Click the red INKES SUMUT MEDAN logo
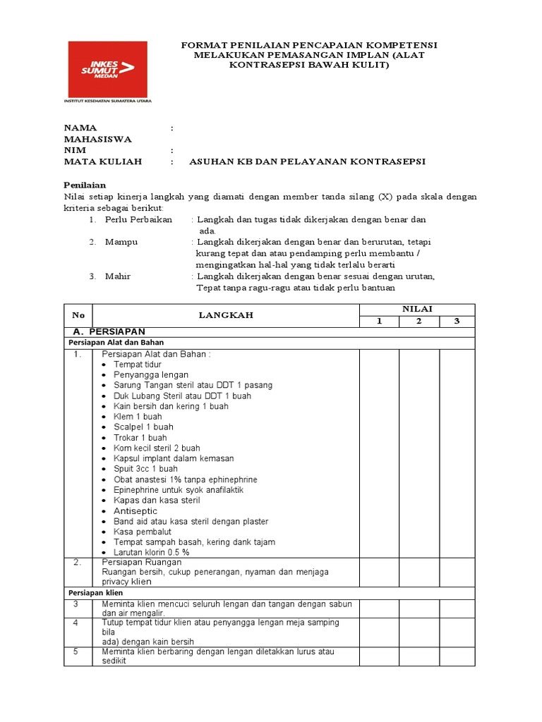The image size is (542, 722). [x=107, y=69]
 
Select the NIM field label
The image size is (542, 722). [x=75, y=150]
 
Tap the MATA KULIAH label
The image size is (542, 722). [x=103, y=161]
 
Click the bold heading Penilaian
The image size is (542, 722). [x=85, y=184]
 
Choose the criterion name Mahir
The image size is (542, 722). [x=118, y=276]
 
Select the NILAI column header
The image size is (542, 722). [x=417, y=309]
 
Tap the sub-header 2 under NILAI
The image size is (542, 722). [x=418, y=322]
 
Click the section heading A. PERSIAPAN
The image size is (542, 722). [x=109, y=331]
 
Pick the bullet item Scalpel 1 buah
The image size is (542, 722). [x=143, y=427]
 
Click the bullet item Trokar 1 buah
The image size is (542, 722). [x=140, y=437]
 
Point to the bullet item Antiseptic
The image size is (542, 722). [x=135, y=510]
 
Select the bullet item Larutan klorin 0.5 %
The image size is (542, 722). [x=151, y=552]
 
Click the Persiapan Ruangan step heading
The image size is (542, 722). [x=142, y=563]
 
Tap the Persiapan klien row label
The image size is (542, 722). [x=95, y=593]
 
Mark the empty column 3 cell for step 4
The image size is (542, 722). [x=457, y=632]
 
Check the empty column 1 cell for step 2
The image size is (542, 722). [x=379, y=572]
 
